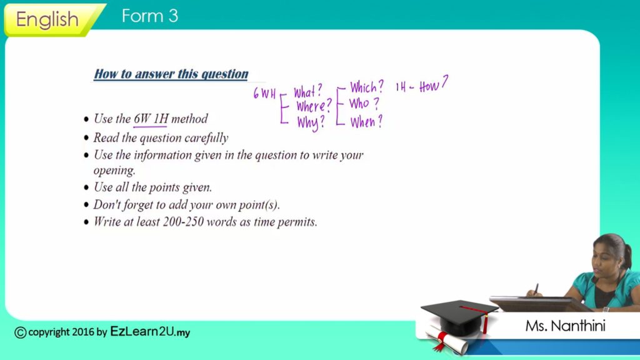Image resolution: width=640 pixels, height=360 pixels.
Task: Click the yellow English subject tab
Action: point(53,19)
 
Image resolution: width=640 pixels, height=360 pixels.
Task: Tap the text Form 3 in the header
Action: point(150,16)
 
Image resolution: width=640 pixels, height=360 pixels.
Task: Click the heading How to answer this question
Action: point(171,74)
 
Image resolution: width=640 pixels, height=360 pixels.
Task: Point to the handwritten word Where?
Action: point(314,106)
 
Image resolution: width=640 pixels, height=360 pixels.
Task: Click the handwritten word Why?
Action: point(311,122)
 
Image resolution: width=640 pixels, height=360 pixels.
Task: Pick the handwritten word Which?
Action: point(366,87)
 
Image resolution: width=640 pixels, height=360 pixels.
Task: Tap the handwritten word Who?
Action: point(364,104)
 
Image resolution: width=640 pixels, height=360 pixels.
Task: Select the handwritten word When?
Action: point(366,121)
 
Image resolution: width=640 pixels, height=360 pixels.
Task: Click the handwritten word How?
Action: point(434,84)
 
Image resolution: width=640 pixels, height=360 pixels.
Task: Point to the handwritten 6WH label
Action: point(264,94)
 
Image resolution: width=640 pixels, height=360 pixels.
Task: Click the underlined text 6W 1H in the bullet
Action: point(151,119)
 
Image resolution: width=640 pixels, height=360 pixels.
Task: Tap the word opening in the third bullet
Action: point(114,171)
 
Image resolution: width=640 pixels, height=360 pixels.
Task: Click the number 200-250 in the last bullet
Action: point(183,222)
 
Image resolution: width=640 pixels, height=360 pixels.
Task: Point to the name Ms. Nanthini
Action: point(565,326)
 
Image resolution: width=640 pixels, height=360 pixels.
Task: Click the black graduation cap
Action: point(459,316)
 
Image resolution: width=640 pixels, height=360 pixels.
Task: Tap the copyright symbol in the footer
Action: point(20,332)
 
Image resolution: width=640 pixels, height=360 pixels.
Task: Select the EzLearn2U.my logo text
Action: point(150,331)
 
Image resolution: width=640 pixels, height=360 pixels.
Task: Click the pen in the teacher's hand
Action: point(536,289)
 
